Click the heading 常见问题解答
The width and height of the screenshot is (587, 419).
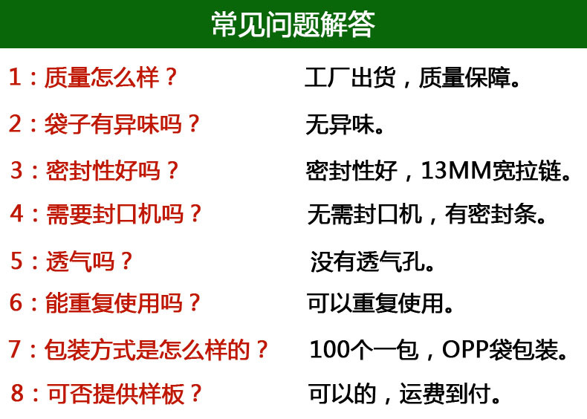[x=293, y=25]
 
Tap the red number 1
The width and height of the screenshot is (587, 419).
[x=16, y=77]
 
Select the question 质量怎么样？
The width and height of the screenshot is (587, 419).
[x=111, y=77]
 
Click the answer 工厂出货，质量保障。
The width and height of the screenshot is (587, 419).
[x=412, y=78]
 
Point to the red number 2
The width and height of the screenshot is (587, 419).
[x=16, y=123]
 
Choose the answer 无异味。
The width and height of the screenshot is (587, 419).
[x=345, y=125]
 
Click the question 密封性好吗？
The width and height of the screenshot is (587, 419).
[x=112, y=170]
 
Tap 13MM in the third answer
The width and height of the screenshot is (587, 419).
[x=456, y=170]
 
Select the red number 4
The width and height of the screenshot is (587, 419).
[x=17, y=213]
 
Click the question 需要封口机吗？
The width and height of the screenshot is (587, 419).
[x=123, y=214]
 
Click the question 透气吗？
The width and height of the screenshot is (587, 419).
[x=89, y=261]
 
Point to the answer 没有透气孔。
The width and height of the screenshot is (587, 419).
[x=372, y=262]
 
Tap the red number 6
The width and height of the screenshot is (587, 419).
[x=16, y=302]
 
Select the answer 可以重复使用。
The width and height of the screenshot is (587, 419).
[x=380, y=303]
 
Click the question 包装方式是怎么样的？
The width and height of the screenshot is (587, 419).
[x=157, y=350]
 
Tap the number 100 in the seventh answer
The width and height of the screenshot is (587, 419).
[x=329, y=350]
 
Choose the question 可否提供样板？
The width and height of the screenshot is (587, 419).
[x=124, y=394]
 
